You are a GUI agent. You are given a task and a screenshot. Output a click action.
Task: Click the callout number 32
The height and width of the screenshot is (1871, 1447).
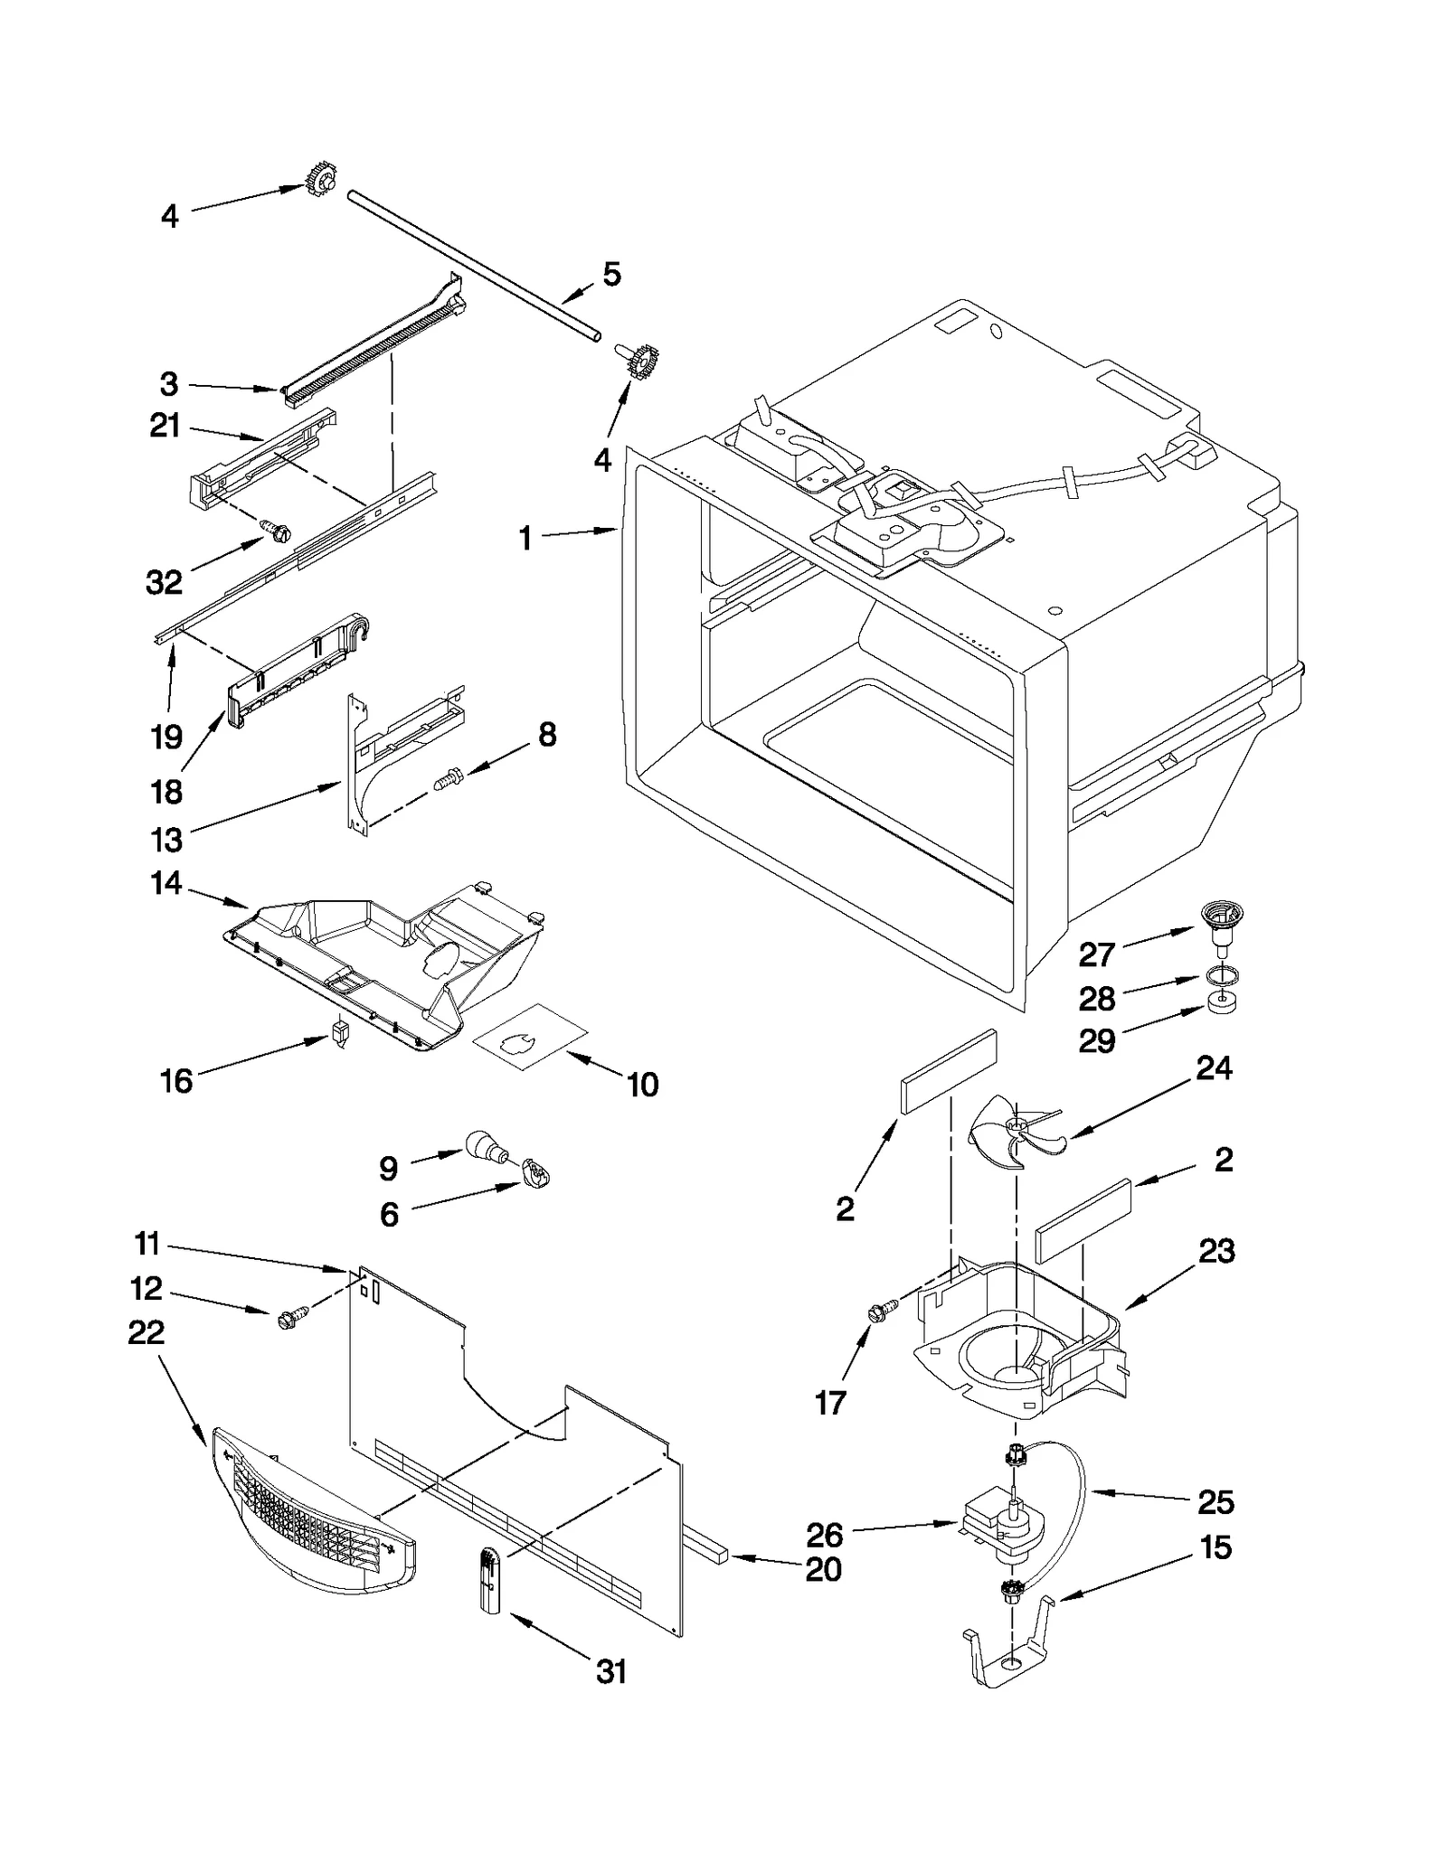pos(164,582)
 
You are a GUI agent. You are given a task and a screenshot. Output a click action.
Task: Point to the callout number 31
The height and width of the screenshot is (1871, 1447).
pos(611,1672)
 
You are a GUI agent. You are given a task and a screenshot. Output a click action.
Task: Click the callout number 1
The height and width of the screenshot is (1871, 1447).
pos(525,539)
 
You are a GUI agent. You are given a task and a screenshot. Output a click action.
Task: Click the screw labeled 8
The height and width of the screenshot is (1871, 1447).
pos(446,776)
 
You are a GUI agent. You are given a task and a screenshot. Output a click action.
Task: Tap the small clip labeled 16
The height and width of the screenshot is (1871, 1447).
pos(340,1032)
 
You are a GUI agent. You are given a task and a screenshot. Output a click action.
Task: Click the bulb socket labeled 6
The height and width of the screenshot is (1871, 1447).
pos(536,1175)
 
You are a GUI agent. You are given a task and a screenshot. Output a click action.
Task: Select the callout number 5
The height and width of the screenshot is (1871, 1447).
pos(611,274)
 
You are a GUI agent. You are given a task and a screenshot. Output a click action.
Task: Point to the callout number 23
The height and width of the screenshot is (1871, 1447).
pos(1216,1252)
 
